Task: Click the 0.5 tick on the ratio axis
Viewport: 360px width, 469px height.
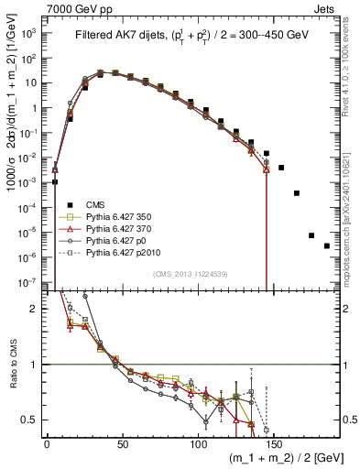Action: point(31,420)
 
